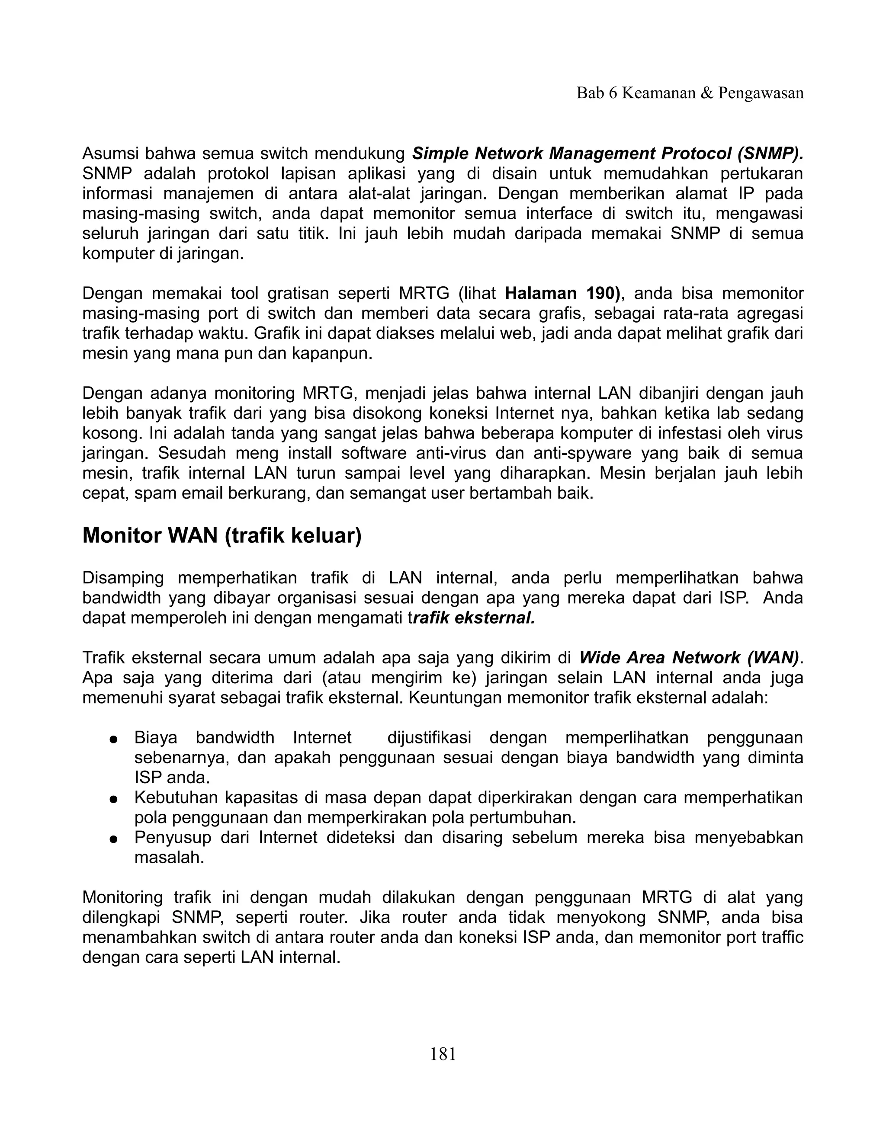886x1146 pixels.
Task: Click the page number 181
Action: click(443, 1053)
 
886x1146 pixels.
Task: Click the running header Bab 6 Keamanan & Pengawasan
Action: click(690, 93)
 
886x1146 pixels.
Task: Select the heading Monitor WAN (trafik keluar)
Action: click(222, 536)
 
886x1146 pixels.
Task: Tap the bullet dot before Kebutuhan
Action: click(112, 799)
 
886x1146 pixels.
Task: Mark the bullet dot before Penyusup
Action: click(112, 839)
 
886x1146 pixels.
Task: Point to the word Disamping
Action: click(123, 578)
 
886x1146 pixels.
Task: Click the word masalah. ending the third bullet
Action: click(169, 858)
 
